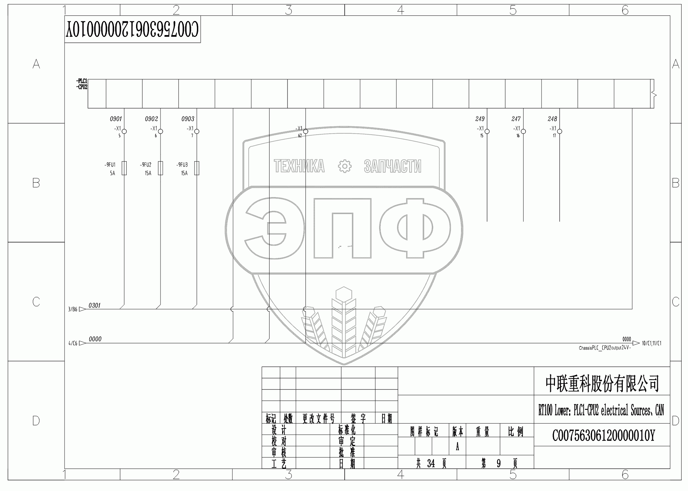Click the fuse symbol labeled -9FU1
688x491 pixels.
(x=124, y=168)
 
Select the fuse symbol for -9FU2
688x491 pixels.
(x=160, y=168)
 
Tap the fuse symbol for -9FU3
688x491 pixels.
(x=197, y=168)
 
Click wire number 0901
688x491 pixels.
(x=116, y=119)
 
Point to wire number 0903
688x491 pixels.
(x=188, y=119)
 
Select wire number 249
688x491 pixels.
(x=480, y=119)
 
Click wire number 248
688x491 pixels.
(x=552, y=119)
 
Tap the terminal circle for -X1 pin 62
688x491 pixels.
(x=306, y=132)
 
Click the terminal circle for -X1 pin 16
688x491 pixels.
(x=524, y=132)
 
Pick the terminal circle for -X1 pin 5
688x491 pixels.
(x=124, y=132)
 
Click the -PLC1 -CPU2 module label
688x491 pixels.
(x=82, y=84)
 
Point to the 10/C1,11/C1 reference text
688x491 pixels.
(x=652, y=343)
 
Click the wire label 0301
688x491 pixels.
(x=95, y=306)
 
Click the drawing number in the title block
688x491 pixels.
(x=603, y=436)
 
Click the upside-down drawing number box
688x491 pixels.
(x=132, y=29)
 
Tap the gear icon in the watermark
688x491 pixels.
(x=345, y=166)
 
